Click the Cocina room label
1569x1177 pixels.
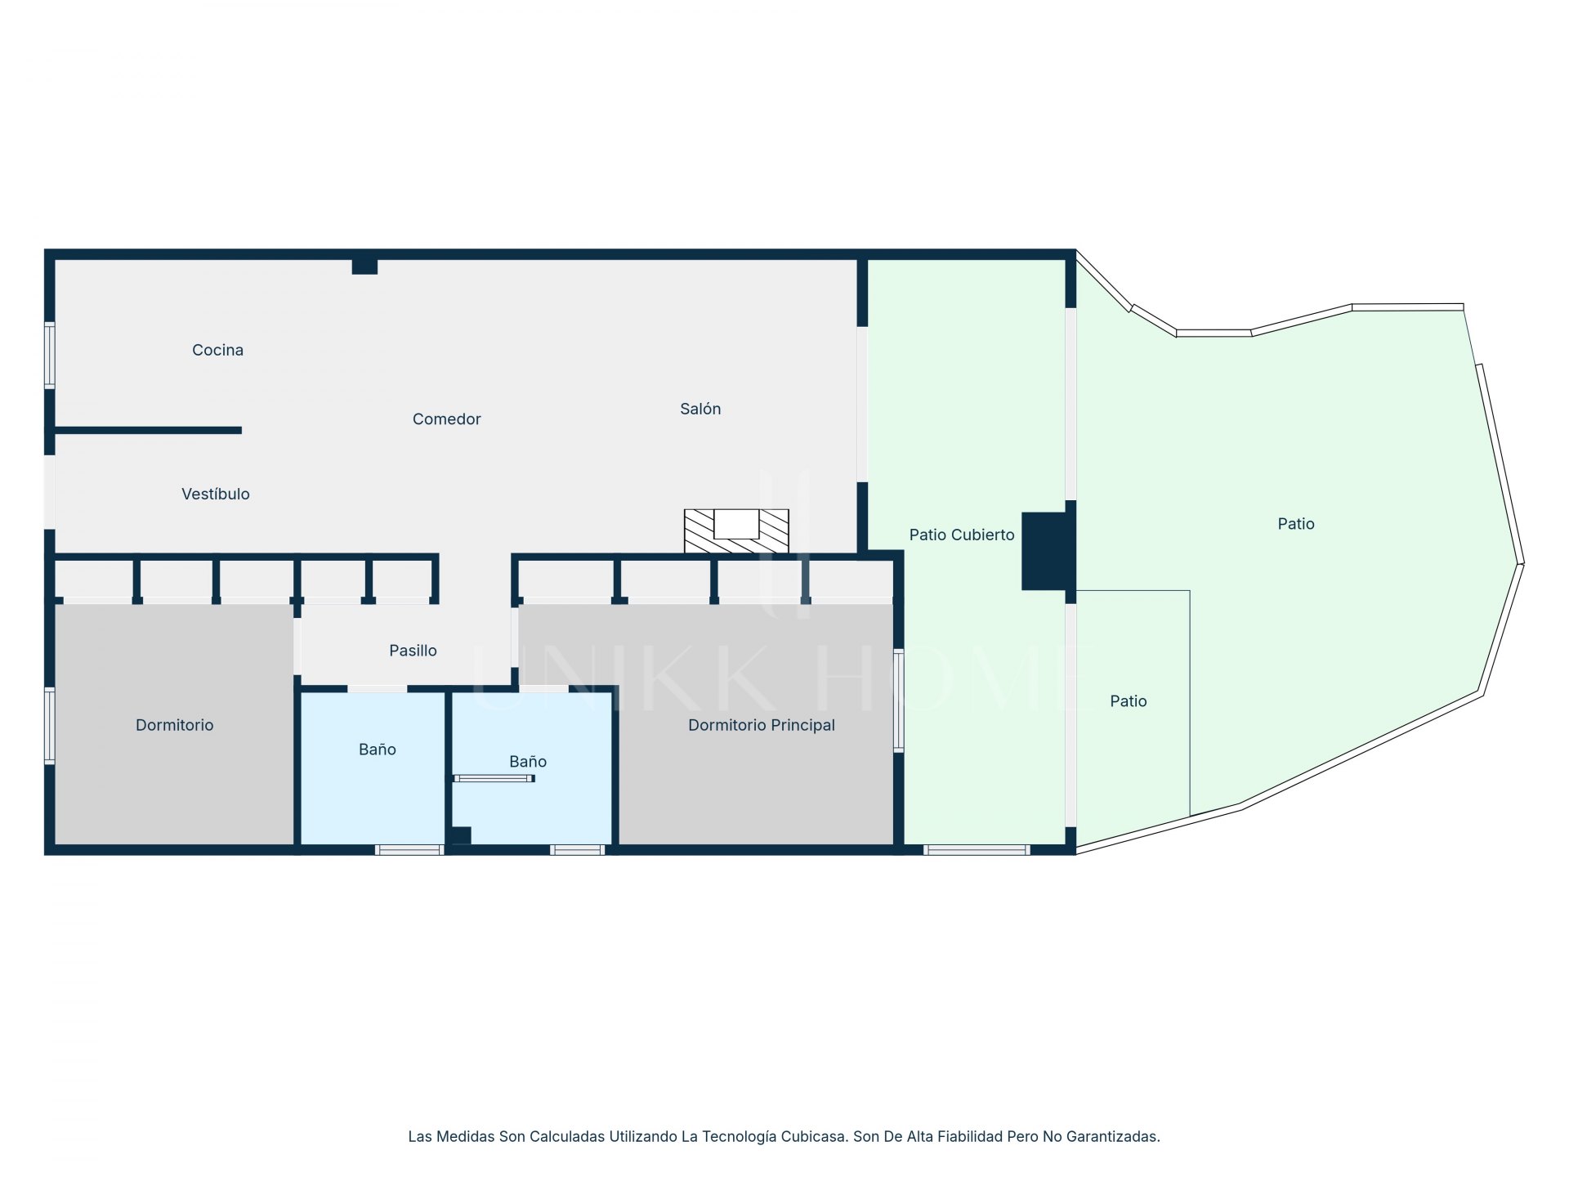217,350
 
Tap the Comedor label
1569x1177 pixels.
446,419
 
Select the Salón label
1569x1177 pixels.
700,409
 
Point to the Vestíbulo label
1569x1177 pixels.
216,494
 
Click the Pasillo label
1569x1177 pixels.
413,651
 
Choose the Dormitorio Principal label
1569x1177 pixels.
761,725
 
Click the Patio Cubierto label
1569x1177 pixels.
962,535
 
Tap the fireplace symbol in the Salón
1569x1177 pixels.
736,531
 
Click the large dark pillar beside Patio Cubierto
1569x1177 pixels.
1045,551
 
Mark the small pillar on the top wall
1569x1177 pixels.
364,266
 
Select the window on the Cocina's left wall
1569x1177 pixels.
50,356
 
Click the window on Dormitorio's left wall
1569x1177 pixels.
50,726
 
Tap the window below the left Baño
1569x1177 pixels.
409,850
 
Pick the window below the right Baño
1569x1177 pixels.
578,850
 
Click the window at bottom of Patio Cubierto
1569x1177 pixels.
977,850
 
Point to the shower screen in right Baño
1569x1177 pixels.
494,778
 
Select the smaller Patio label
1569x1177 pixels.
1128,701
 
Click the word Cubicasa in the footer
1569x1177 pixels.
813,1136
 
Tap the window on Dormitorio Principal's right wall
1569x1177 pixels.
898,700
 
